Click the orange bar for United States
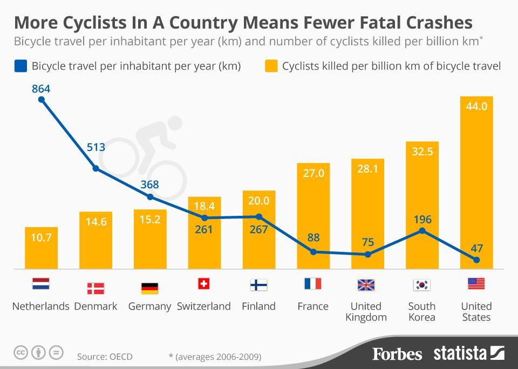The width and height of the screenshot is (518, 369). click(x=476, y=183)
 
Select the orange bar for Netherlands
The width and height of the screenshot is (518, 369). click(x=41, y=248)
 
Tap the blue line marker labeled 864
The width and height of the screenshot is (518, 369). click(x=41, y=100)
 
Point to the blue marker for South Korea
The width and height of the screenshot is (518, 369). click(x=422, y=231)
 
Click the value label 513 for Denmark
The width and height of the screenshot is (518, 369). click(x=96, y=147)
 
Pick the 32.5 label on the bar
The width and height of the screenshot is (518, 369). click(x=422, y=152)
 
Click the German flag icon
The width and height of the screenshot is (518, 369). click(x=149, y=288)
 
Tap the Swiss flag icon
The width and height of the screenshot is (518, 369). click(x=204, y=284)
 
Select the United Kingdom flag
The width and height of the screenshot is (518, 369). click(x=366, y=285)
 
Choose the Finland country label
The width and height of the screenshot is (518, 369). click(x=258, y=306)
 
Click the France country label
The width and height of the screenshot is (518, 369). click(x=313, y=306)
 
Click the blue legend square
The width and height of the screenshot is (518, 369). click(x=21, y=66)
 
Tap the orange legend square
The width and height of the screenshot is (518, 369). click(x=271, y=66)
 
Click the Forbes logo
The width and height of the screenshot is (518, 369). click(x=397, y=354)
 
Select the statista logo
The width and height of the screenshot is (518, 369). click(x=468, y=353)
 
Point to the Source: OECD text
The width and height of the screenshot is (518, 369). click(x=105, y=357)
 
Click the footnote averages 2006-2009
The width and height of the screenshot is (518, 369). click(x=215, y=357)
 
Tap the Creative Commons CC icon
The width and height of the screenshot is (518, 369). click(x=21, y=353)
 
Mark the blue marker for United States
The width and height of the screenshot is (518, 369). click(x=476, y=260)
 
